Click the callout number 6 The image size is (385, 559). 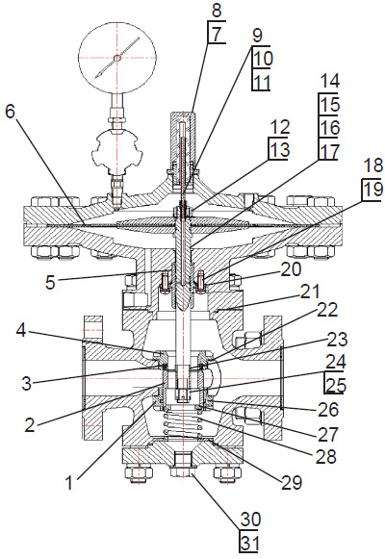coord(11,112)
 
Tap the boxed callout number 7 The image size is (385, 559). coord(217,35)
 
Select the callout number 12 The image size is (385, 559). coord(280,128)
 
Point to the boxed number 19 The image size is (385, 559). coord(372,189)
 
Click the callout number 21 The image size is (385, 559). coord(309,292)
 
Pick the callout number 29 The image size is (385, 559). coord(292,483)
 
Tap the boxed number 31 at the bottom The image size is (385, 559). coord(250,544)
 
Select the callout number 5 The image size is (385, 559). coord(50,282)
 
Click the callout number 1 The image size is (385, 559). coord(69,483)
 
